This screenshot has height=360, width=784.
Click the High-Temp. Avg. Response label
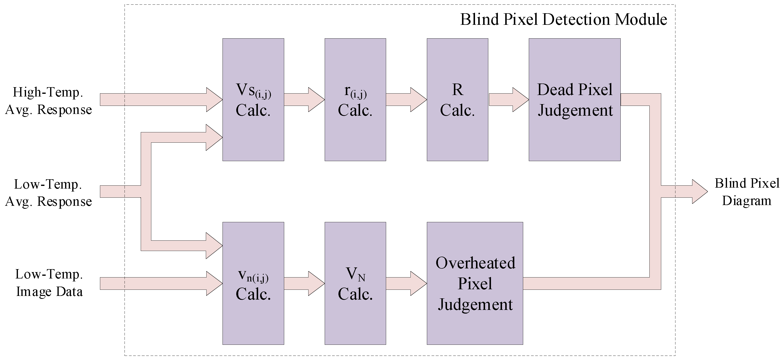(48, 101)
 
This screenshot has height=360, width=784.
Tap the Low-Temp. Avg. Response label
(48, 193)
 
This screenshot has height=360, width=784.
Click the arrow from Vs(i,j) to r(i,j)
(304, 99)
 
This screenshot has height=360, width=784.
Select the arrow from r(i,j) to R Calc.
(406, 99)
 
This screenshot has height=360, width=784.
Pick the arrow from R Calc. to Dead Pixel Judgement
(508, 99)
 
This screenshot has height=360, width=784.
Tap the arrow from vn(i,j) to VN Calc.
(304, 283)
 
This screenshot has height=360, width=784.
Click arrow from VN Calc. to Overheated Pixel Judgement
(406, 283)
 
